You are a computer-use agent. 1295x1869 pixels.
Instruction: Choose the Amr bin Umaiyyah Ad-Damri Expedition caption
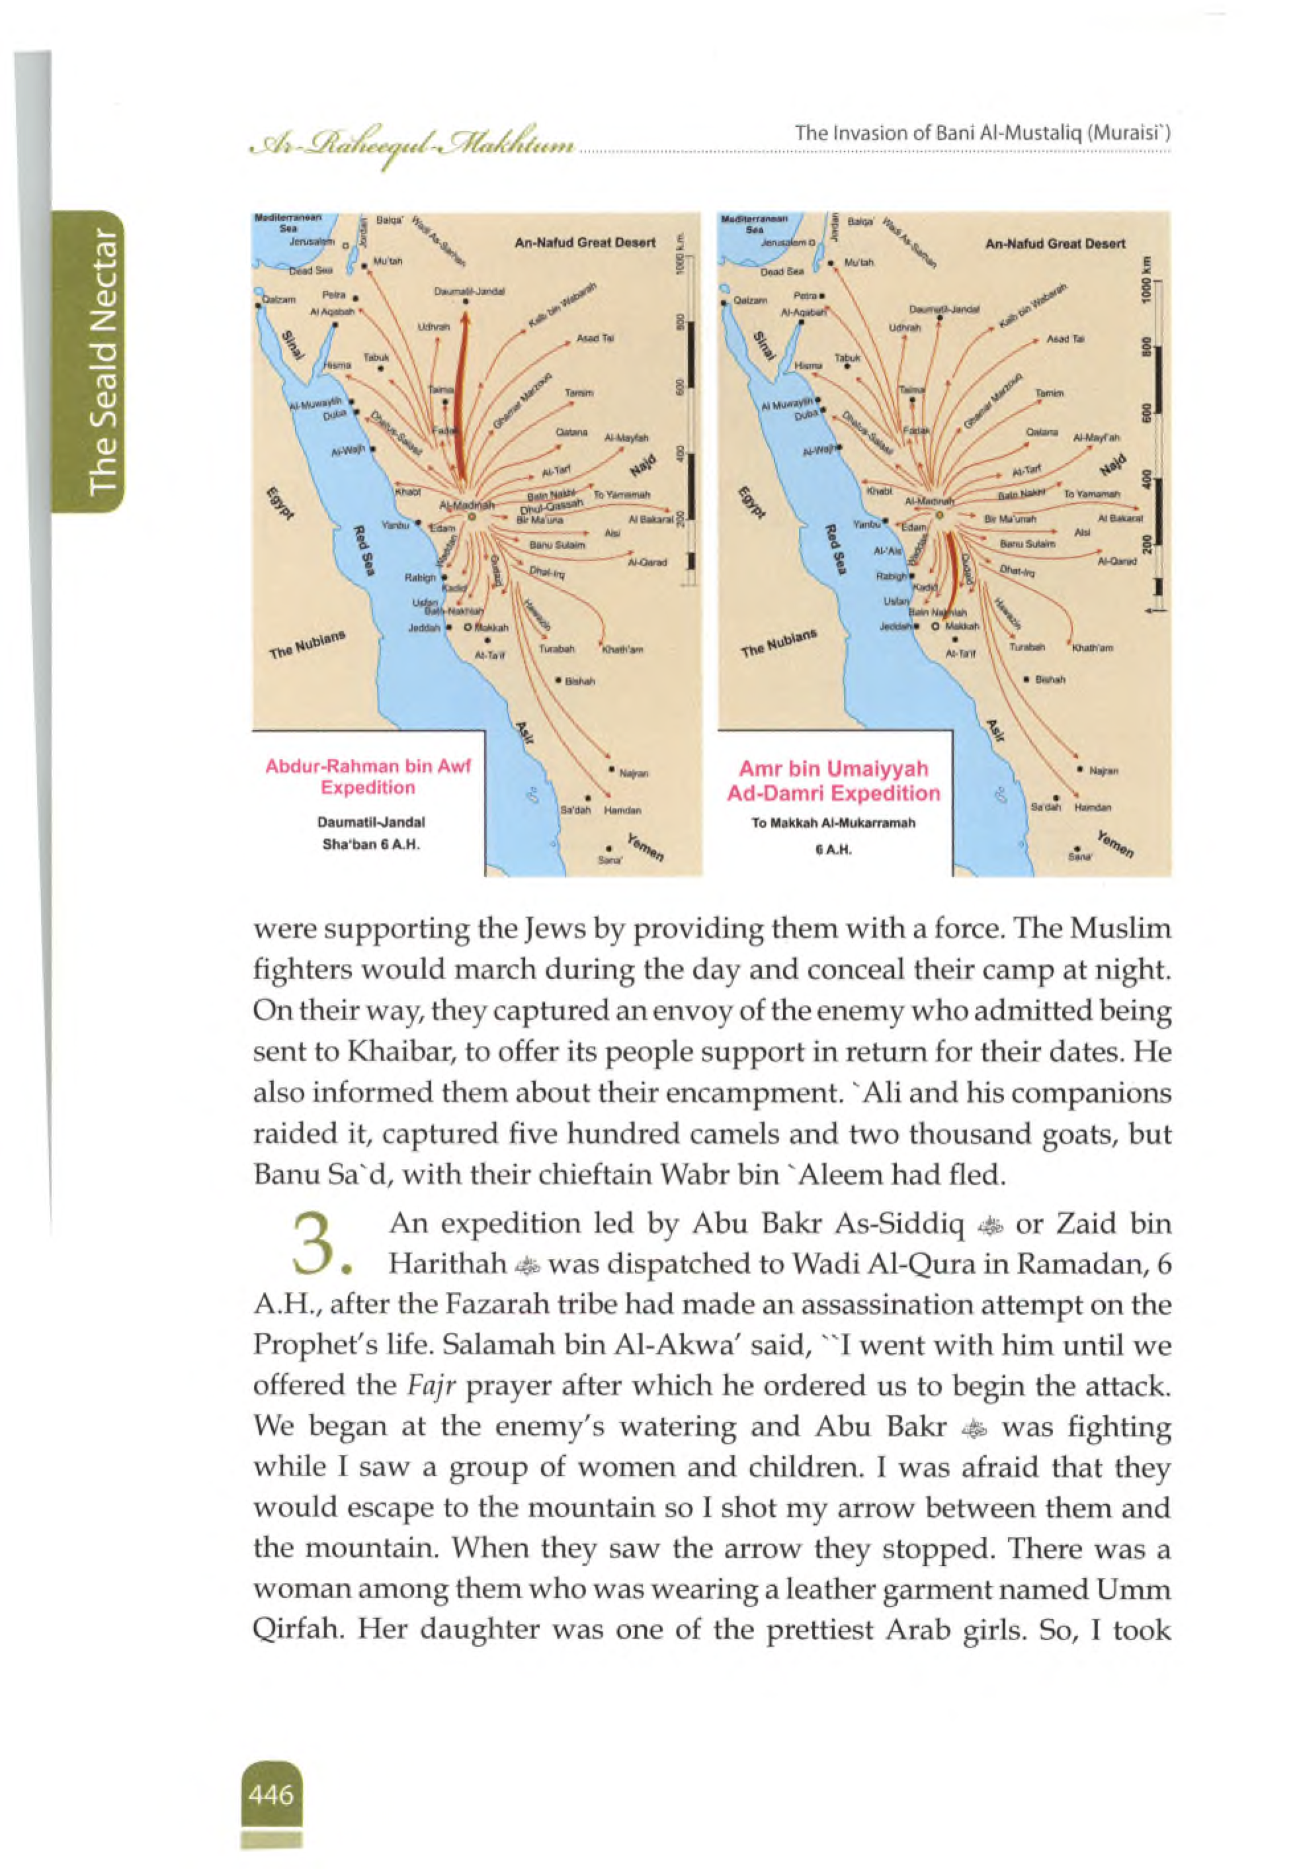(833, 780)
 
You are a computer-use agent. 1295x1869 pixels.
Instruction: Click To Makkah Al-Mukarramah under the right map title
(833, 822)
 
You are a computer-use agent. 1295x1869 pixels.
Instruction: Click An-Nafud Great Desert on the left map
(585, 243)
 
